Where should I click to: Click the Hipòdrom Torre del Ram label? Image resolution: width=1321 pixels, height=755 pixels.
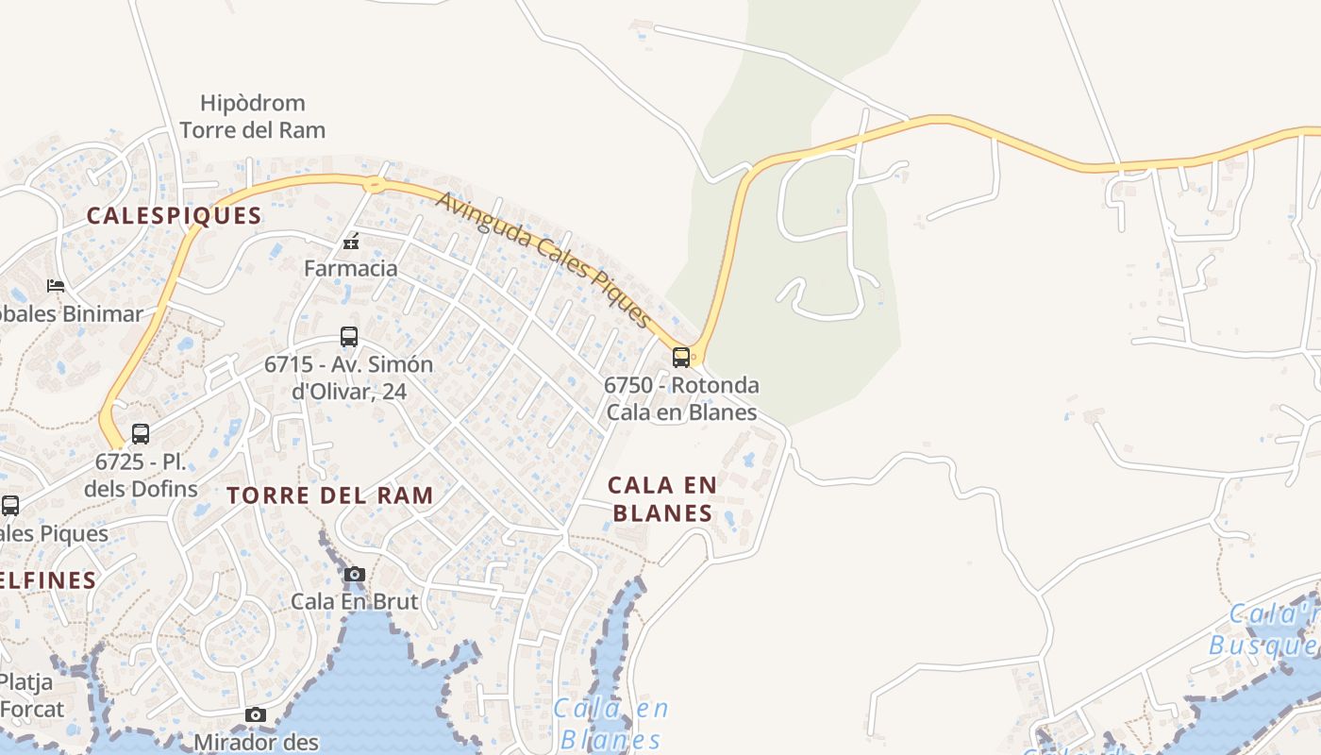click(x=252, y=116)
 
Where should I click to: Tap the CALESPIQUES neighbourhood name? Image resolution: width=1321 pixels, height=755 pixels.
click(x=174, y=215)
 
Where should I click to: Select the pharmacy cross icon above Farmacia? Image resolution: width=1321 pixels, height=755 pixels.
click(x=351, y=243)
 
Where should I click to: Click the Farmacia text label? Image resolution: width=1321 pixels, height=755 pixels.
click(x=351, y=268)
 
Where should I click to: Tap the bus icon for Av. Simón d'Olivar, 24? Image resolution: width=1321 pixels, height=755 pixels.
click(x=349, y=337)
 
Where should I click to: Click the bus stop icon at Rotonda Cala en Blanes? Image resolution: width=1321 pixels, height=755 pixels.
click(x=680, y=358)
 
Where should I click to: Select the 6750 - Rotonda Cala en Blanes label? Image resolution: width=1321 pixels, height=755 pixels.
click(x=681, y=398)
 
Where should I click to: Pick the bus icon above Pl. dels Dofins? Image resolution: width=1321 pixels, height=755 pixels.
click(x=141, y=434)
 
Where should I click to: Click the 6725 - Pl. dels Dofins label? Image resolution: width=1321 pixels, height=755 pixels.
click(x=141, y=475)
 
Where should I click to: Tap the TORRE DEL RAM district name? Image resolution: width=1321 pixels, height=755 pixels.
click(x=330, y=495)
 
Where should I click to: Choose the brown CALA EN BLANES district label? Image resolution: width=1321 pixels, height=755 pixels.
click(x=662, y=498)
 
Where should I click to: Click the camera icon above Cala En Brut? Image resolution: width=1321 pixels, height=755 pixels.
click(x=355, y=574)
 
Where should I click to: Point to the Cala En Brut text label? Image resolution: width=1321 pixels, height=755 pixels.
click(x=354, y=600)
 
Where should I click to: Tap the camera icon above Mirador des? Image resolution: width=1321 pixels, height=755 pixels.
click(x=256, y=715)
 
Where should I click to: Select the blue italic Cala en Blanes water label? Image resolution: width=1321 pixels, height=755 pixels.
click(x=610, y=723)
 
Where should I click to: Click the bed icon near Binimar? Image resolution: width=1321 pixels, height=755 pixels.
click(x=56, y=285)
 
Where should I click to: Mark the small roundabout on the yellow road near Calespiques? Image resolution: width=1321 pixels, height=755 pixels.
click(x=375, y=184)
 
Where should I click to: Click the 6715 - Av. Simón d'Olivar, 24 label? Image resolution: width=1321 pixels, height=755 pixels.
click(x=349, y=377)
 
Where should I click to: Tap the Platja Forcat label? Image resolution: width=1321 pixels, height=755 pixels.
click(x=32, y=695)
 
